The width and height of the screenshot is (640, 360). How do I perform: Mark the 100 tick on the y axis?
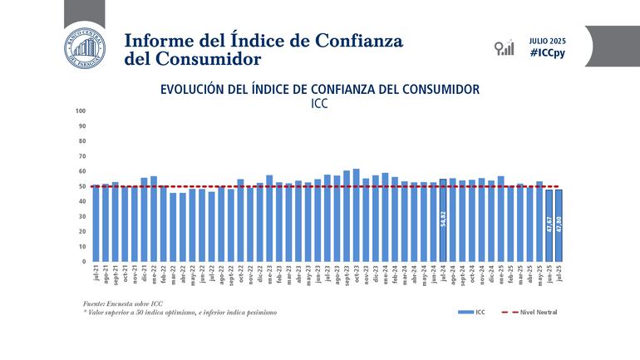pos(81,111)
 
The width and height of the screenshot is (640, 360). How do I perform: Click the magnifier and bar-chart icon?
pos(503,47)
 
